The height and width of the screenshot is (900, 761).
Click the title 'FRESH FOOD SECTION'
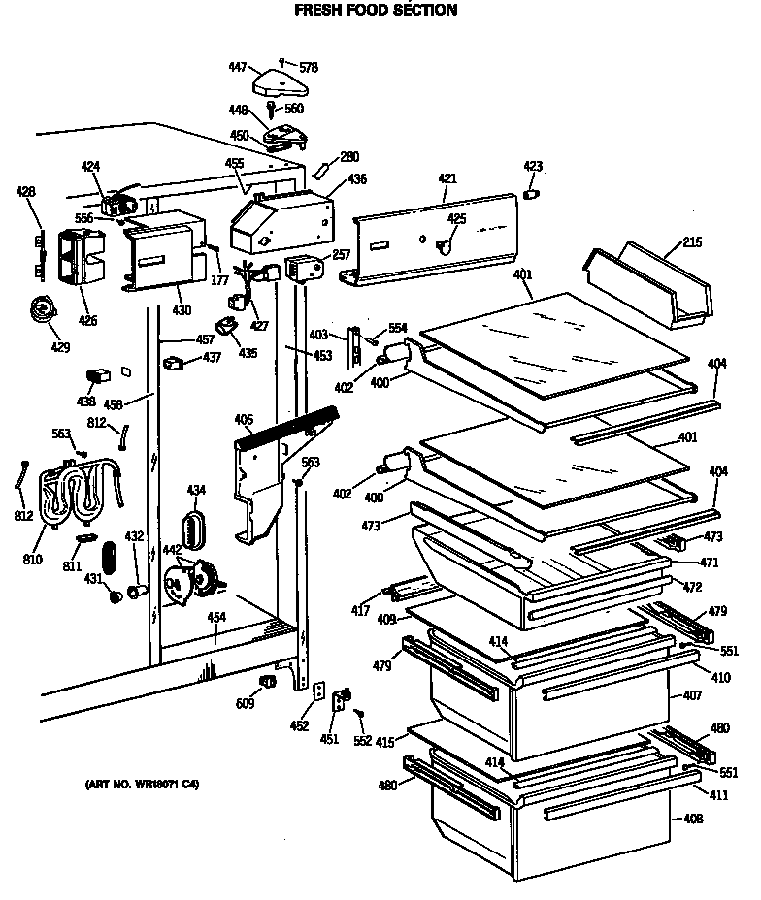click(375, 10)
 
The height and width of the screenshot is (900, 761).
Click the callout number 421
click(447, 178)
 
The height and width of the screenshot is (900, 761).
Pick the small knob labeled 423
click(531, 195)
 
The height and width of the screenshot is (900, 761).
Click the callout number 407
click(692, 696)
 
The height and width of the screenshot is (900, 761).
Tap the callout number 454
click(216, 617)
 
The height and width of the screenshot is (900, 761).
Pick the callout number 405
click(243, 420)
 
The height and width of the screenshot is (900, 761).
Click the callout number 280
click(348, 155)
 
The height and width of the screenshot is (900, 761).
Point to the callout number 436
click(357, 179)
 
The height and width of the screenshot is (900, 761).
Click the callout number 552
click(362, 741)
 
